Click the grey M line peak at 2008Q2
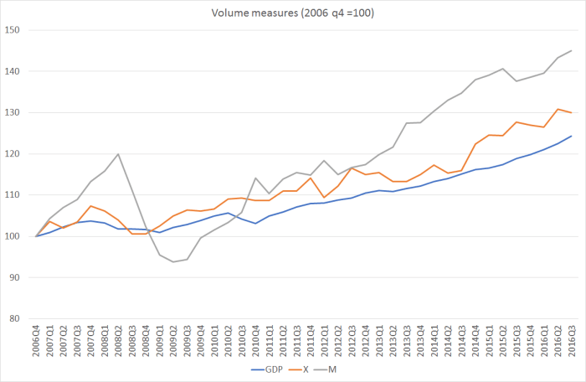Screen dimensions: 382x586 pos(118,154)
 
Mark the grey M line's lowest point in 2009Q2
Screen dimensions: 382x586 pos(172,262)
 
